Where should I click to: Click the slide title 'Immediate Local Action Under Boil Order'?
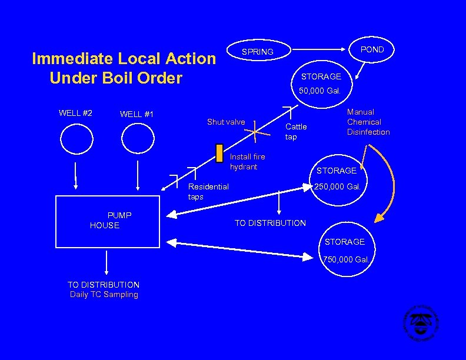(124, 68)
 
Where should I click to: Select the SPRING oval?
(258, 52)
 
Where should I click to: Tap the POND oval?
(371, 49)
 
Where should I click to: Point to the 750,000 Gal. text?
(347, 259)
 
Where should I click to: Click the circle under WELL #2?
(76, 139)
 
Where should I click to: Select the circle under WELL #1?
(138, 139)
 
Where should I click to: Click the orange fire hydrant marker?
(219, 153)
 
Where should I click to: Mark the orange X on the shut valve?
(254, 132)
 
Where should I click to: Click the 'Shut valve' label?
(226, 122)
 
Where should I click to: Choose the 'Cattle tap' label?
(296, 132)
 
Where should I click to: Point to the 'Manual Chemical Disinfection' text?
(368, 122)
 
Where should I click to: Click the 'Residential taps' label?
(208, 192)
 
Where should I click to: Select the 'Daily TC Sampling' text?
(104, 295)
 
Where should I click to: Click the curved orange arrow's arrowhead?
(380, 218)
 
